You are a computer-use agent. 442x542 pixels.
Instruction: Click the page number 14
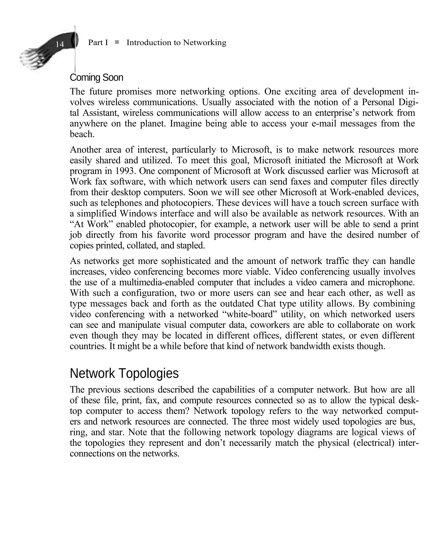60,44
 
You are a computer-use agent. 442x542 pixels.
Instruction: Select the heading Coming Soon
96,78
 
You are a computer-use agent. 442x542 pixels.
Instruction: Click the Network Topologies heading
124,373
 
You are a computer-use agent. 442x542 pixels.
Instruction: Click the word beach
82,134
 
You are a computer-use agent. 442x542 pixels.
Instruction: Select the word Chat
267,303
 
